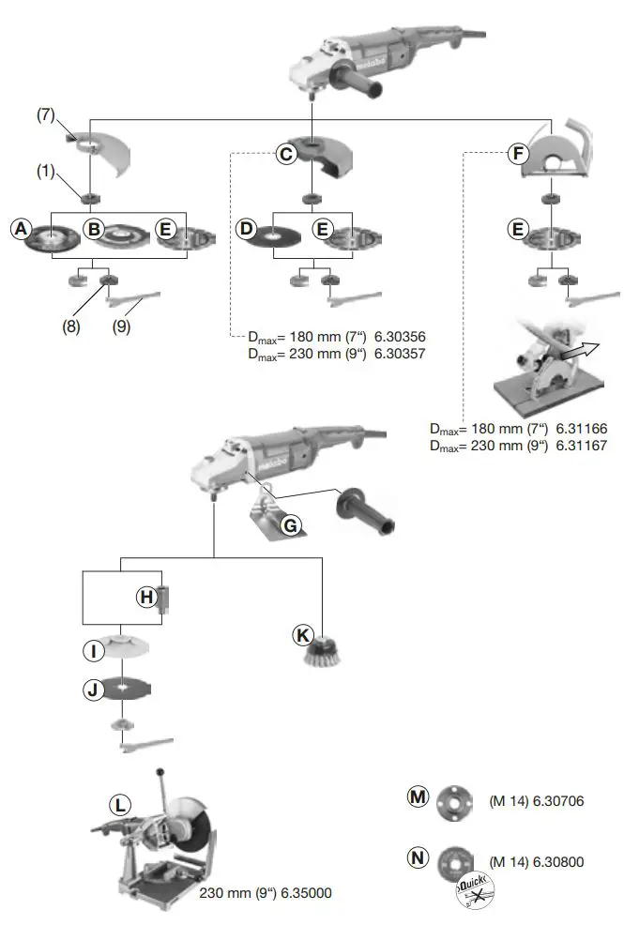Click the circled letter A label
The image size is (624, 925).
(x=20, y=228)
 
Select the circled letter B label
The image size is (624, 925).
(x=93, y=228)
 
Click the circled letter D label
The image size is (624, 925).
(x=247, y=228)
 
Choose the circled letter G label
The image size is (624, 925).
(x=291, y=526)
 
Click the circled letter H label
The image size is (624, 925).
(x=146, y=596)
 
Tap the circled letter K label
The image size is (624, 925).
(x=303, y=635)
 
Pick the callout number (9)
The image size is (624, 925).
(x=122, y=327)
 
